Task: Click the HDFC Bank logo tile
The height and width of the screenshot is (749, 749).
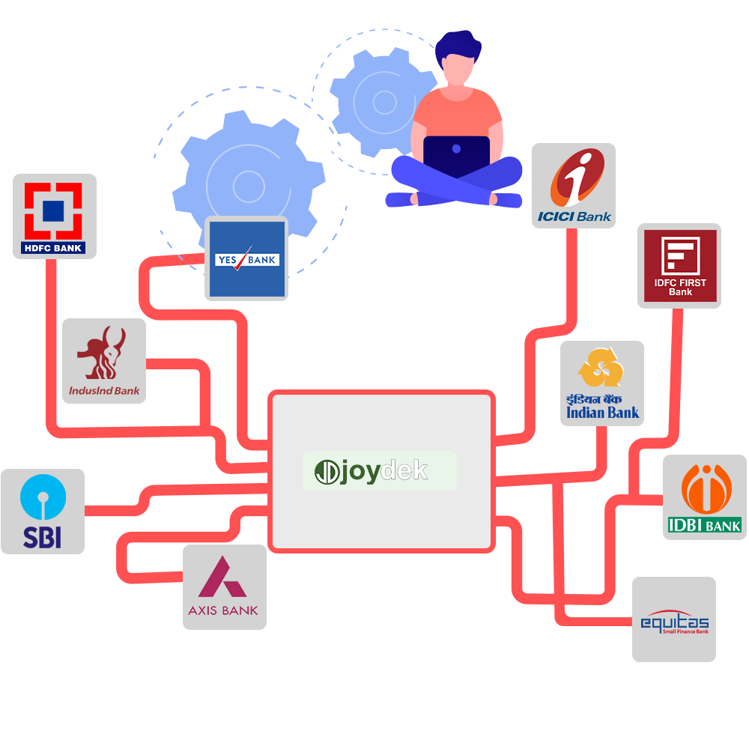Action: tap(55, 216)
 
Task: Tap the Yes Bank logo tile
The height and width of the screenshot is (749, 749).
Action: tap(247, 258)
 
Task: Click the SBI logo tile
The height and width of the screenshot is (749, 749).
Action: tap(43, 512)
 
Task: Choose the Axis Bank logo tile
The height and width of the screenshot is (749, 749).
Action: tap(224, 586)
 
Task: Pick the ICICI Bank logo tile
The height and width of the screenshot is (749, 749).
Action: tap(574, 187)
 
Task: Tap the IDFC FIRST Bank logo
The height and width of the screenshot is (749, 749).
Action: tap(679, 265)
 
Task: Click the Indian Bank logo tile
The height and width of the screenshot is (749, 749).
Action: tap(602, 383)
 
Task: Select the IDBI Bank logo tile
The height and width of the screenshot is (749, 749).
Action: tap(703, 497)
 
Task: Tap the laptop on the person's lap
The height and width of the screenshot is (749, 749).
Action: tap(456, 156)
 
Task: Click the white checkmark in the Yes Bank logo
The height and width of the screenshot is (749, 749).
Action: tap(242, 258)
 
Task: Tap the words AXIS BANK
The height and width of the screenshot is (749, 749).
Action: tap(223, 610)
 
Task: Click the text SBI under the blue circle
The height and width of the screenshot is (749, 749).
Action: tap(42, 537)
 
